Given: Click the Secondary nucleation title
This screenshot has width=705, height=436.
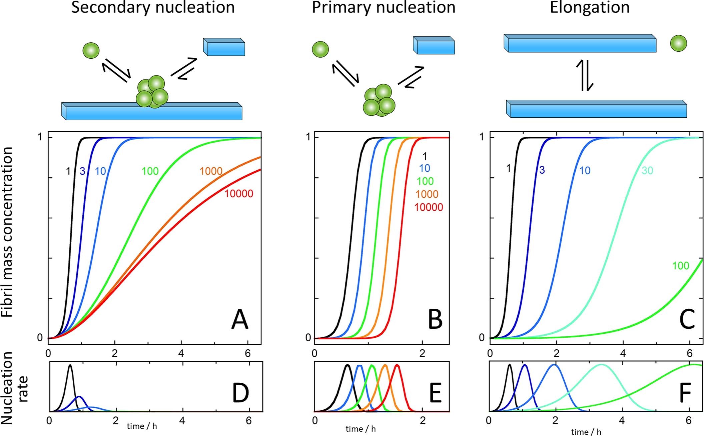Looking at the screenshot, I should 153,7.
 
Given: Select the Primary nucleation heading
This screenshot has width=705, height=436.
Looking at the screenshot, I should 384,7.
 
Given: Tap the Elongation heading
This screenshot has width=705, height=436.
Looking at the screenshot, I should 589,7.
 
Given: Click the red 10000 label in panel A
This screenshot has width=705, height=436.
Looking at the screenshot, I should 238,194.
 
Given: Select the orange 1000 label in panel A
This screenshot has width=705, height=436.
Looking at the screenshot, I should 211,171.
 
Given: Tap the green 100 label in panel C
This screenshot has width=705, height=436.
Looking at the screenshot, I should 680,266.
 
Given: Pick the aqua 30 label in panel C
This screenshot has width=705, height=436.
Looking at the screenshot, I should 647,171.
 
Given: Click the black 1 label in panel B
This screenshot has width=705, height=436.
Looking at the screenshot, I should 425,156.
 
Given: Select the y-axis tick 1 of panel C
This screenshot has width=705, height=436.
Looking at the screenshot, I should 482,137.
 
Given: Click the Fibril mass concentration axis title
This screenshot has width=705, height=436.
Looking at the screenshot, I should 7,232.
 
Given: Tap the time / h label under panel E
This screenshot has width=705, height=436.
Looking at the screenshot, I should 361,429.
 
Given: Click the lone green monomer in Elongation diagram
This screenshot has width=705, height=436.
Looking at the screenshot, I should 678,43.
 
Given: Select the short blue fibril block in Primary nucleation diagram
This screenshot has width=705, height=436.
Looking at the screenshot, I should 434,46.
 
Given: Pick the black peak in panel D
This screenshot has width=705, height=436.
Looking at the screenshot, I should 70,366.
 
